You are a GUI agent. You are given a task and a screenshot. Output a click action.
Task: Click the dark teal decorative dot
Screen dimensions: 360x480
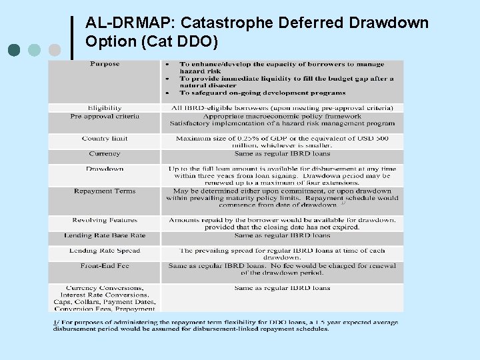point(15,50)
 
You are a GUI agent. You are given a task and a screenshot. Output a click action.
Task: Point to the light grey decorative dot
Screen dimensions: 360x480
point(55,50)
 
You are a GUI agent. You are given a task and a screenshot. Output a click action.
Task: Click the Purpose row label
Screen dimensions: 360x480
point(105,64)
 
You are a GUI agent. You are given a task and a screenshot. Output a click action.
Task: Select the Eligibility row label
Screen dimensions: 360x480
point(105,107)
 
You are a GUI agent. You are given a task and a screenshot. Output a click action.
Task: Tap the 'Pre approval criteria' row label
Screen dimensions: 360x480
point(105,116)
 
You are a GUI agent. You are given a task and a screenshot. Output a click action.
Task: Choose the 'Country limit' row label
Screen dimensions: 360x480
point(105,139)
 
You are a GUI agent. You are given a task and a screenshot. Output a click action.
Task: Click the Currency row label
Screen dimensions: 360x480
point(105,154)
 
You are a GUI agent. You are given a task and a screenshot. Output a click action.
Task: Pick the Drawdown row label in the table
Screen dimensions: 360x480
point(105,169)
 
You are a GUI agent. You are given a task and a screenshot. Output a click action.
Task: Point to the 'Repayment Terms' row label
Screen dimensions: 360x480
point(105,191)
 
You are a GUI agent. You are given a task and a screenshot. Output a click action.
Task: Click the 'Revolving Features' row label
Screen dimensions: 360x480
point(105,220)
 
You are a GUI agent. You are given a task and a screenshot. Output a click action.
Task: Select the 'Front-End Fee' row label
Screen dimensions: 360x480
point(105,266)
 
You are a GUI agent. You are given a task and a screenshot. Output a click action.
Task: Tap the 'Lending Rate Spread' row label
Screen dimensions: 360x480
point(105,251)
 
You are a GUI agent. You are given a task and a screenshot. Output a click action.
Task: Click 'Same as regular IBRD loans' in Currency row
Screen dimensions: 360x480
point(282,154)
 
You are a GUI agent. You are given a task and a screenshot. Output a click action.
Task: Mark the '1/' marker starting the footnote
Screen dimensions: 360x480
point(56,323)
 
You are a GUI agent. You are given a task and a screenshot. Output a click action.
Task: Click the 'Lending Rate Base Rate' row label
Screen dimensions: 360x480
point(105,235)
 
